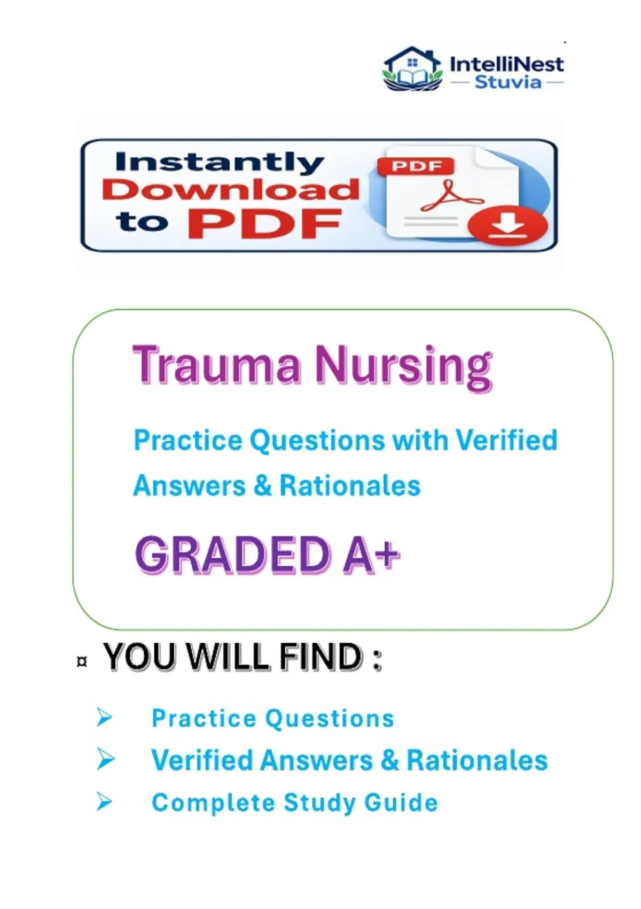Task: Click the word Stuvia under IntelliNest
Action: click(507, 82)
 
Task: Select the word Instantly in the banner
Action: click(220, 164)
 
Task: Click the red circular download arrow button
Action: click(507, 225)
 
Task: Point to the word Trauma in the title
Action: click(218, 365)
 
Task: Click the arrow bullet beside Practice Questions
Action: click(104, 718)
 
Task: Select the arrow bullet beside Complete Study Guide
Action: click(104, 802)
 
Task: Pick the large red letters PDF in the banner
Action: click(263, 225)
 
